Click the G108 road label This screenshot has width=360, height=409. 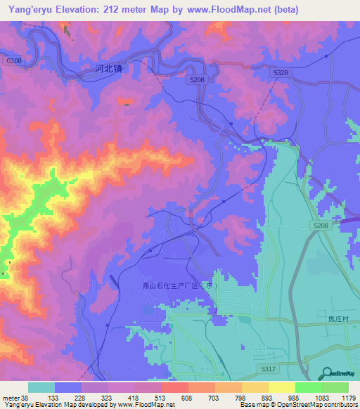coord(14,62)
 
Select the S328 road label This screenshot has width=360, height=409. coord(281,73)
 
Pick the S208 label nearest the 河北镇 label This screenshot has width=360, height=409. coord(196,82)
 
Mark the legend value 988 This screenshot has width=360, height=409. coord(295,398)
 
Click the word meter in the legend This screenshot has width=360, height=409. coord(11,398)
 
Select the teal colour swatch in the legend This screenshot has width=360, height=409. coord(41,387)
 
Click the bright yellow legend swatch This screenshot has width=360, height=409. coord(281,387)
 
